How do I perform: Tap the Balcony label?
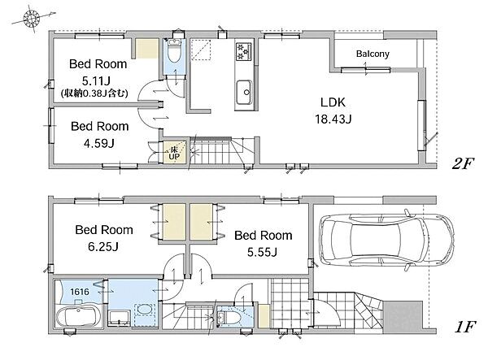[x=373, y=54]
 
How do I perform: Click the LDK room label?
[x=333, y=102]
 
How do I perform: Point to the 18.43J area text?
[x=333, y=119]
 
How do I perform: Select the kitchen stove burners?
[x=243, y=51]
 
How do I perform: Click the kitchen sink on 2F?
[x=244, y=93]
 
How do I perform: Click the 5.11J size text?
[x=96, y=81]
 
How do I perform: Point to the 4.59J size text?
[x=98, y=143]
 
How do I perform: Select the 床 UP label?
[x=174, y=153]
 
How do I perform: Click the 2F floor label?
[x=463, y=164]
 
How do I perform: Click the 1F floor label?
[x=464, y=327]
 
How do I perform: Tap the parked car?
[x=386, y=240]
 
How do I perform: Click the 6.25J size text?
[x=103, y=247]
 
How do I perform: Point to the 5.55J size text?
[x=262, y=253]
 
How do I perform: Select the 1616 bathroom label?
[x=80, y=292]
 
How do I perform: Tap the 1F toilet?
[x=229, y=318]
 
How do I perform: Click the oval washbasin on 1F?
[x=144, y=310]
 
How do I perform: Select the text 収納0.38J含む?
[x=94, y=93]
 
